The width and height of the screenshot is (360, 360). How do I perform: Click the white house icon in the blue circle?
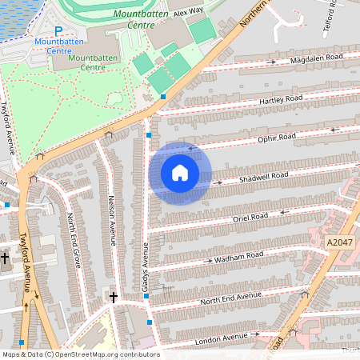(x=180, y=173)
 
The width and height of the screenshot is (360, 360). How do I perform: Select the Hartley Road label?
(x=280, y=98)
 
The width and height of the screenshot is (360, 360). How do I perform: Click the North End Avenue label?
(x=231, y=298)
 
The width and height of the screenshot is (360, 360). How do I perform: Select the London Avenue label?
(x=221, y=338)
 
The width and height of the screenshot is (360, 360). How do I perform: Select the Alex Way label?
(x=190, y=13)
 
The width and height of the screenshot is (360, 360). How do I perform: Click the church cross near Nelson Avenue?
(x=114, y=297)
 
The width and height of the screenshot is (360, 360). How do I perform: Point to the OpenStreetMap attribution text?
(x=80, y=354)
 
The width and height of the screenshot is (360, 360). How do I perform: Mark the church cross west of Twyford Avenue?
(x=5, y=258)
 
